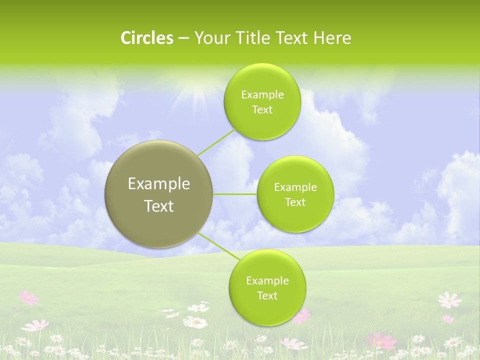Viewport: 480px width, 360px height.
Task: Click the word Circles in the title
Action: point(146,38)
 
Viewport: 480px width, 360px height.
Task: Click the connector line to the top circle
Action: point(216,141)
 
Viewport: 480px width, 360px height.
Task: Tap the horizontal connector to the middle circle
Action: point(235,194)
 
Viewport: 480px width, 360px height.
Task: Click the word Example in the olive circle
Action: point(159,184)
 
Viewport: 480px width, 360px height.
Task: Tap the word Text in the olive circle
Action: point(159,206)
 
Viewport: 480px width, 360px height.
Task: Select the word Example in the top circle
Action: point(262,95)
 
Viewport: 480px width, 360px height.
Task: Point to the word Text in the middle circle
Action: point(295,202)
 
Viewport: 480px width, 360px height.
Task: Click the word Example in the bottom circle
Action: point(267,281)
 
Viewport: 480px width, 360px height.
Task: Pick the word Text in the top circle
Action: point(262,110)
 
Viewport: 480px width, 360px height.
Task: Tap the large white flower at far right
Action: point(449,300)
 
